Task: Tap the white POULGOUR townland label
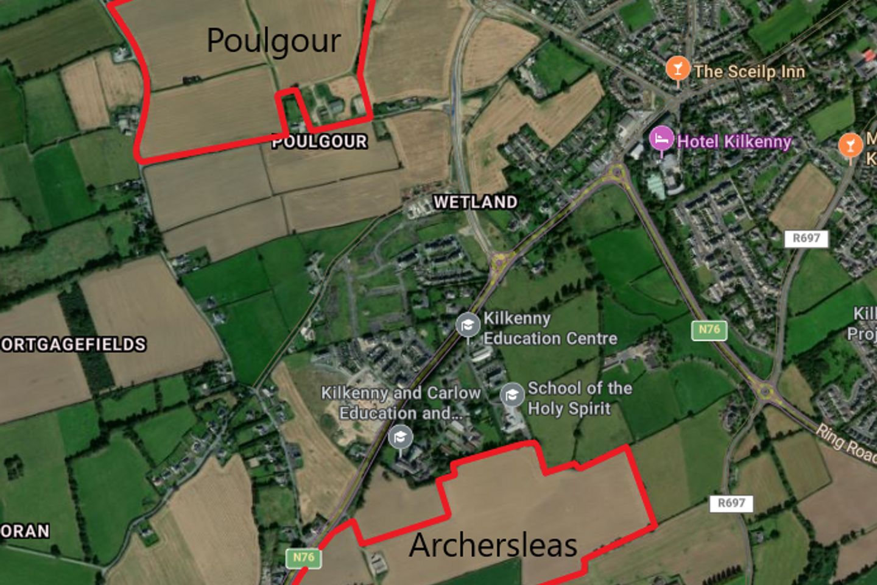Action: [319, 142]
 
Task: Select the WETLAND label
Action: [475, 202]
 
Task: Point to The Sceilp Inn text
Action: [749, 72]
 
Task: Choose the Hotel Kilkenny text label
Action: [734, 142]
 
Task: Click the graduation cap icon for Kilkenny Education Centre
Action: [467, 325]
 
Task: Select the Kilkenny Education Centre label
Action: [550, 328]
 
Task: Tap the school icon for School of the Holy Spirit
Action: [512, 395]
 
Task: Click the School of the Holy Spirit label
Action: [579, 398]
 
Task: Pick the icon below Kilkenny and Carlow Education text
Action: [400, 437]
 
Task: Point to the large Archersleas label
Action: [493, 545]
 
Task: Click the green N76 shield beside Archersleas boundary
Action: [303, 558]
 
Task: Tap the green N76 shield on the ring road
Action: [709, 330]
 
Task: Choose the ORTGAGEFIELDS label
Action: [73, 345]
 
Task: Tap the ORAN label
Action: [25, 531]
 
